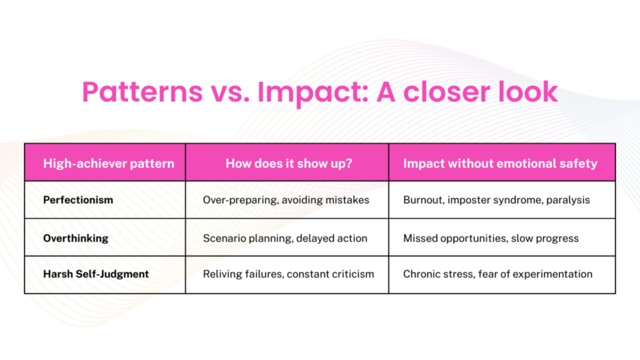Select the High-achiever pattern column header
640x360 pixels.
coord(105,164)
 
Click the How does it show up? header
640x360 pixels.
coord(287,164)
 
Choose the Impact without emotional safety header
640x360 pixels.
coord(500,164)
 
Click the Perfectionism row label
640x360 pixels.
coord(78,201)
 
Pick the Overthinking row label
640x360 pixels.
coord(76,238)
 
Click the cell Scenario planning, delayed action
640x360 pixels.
coord(285,238)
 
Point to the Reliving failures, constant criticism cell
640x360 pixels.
coord(289,274)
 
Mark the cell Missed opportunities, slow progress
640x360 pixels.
coord(491,238)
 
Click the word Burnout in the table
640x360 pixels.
coord(423,201)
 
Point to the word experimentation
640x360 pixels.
coord(557,274)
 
